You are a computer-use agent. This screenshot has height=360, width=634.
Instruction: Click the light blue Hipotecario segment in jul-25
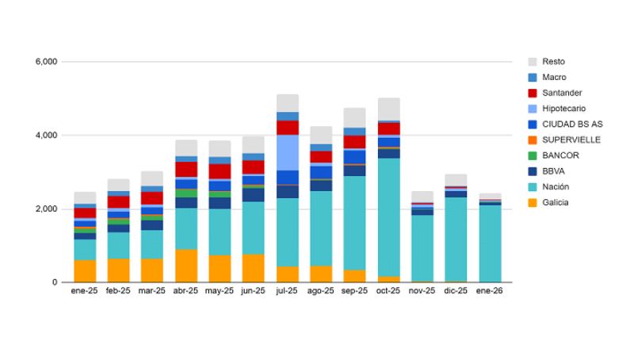288,152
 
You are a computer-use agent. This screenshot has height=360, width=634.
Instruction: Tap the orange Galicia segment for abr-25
186,266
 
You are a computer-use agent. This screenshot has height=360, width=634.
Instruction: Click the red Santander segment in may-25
220,171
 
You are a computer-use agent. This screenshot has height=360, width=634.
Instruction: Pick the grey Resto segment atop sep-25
355,117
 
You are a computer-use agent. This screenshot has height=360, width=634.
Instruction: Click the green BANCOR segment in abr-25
186,193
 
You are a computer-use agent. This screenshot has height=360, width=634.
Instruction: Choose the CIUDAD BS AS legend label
572,124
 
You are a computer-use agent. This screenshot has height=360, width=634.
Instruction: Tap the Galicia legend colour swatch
533,203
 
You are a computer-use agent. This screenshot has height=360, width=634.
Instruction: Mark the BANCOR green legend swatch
533,155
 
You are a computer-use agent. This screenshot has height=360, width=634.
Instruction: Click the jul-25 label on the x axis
288,291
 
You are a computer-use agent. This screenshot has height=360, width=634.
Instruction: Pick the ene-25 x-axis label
85,291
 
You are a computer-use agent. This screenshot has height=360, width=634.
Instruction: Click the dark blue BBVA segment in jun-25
254,194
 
